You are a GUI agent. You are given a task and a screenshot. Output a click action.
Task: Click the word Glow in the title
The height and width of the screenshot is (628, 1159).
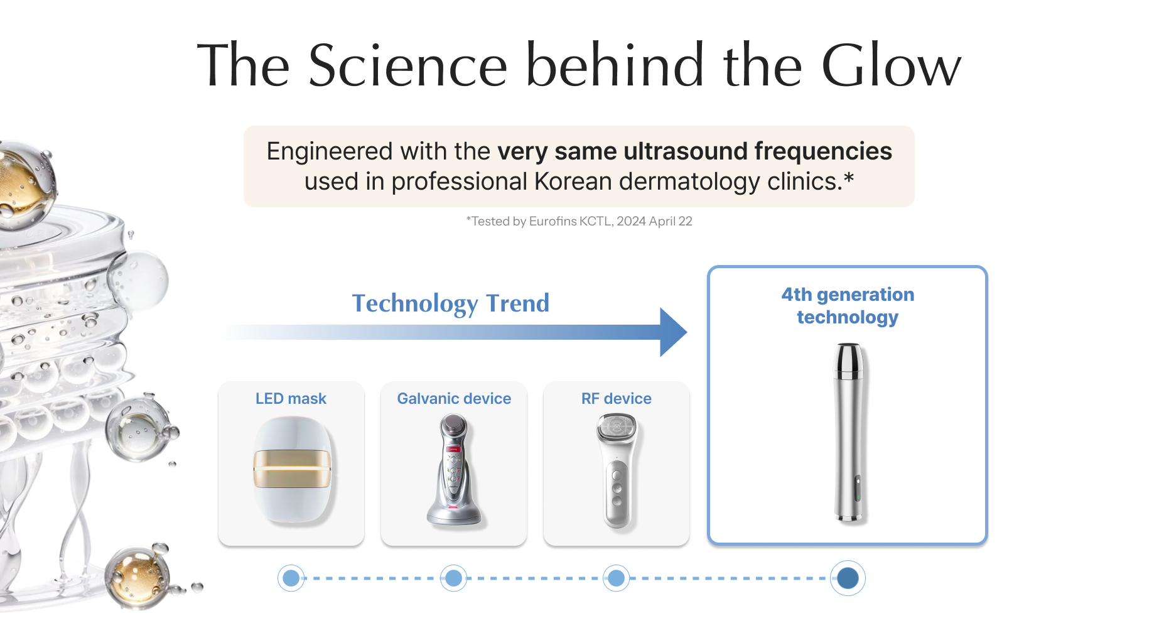click(x=891, y=65)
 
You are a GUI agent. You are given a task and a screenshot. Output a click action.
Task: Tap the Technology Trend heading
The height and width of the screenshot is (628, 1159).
click(x=450, y=303)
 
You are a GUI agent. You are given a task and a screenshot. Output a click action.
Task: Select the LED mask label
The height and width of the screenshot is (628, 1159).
click(x=291, y=399)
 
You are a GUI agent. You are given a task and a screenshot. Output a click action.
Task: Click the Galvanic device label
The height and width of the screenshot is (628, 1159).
click(x=454, y=399)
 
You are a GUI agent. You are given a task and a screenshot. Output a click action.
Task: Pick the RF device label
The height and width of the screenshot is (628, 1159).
click(x=617, y=399)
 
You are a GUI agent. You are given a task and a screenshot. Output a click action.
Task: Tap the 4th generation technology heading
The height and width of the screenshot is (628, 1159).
click(x=848, y=306)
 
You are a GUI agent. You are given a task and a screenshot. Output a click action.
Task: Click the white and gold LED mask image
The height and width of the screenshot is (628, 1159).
click(x=292, y=470)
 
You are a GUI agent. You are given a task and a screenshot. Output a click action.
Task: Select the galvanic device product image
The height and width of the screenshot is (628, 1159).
click(x=453, y=470)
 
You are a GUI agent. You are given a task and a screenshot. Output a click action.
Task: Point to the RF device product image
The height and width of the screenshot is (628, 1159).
click(x=617, y=470)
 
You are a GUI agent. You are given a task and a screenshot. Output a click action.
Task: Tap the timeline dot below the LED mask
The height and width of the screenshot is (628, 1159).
click(x=291, y=578)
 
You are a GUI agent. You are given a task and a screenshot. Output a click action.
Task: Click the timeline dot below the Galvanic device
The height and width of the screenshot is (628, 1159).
click(x=454, y=578)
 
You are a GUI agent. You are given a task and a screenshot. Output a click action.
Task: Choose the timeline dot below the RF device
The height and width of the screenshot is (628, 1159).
click(x=617, y=578)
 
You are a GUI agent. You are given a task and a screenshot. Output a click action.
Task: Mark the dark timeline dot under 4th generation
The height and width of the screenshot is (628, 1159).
click(x=848, y=578)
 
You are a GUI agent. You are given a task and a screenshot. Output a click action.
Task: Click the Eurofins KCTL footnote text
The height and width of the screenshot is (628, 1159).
click(x=579, y=221)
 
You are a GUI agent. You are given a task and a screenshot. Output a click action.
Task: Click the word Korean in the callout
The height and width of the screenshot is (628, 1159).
click(x=573, y=181)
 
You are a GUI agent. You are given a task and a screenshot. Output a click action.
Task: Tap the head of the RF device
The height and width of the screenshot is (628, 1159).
click(x=617, y=428)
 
